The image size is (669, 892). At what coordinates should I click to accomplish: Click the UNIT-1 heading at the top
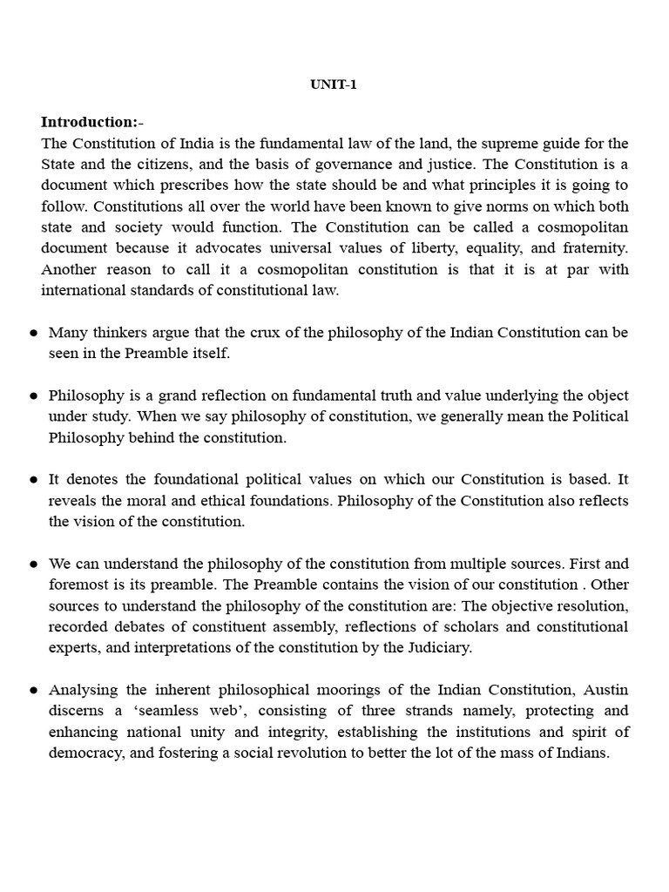point(334,86)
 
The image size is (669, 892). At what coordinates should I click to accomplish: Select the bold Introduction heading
point(89,122)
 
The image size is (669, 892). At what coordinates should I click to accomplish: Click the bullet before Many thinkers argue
point(33,333)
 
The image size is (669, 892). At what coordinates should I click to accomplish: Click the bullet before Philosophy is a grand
point(33,395)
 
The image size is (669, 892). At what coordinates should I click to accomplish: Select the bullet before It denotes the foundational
point(33,480)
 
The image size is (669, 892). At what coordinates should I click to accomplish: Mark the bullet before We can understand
point(33,564)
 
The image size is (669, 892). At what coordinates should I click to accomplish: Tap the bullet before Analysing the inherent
point(33,690)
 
